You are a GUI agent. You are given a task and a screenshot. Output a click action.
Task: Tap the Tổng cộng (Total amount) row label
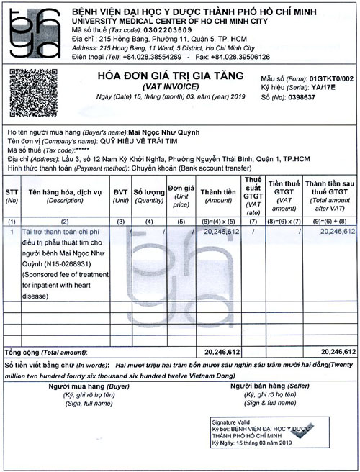(x=46, y=353)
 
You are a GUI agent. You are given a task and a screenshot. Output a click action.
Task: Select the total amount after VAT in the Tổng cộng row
(x=336, y=353)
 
